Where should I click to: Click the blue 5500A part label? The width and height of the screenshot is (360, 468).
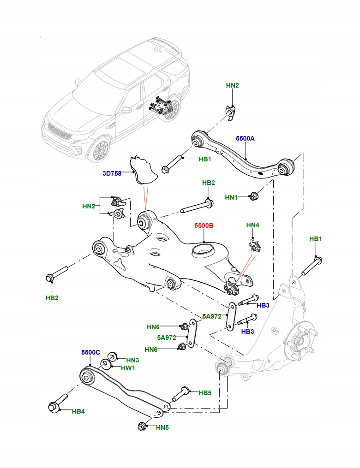pos(245,138)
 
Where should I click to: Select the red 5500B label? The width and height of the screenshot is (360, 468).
pos(204,226)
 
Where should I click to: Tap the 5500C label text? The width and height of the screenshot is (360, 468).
pos(91,352)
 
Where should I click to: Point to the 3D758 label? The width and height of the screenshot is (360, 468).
pos(112,173)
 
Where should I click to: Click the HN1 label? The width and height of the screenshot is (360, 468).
pos(231,197)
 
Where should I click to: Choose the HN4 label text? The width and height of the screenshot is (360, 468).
pos(253,225)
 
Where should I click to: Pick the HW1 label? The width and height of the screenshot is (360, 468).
pos(128,368)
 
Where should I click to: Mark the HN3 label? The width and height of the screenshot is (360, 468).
pos(132,360)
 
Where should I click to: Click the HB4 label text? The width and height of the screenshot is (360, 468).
pos(78,411)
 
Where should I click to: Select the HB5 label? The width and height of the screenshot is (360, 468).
pos(205,393)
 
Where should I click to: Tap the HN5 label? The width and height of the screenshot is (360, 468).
pos(162,427)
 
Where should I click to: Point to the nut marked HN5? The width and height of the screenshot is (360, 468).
pos(142,427)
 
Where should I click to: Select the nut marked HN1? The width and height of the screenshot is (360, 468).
pos(253,195)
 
